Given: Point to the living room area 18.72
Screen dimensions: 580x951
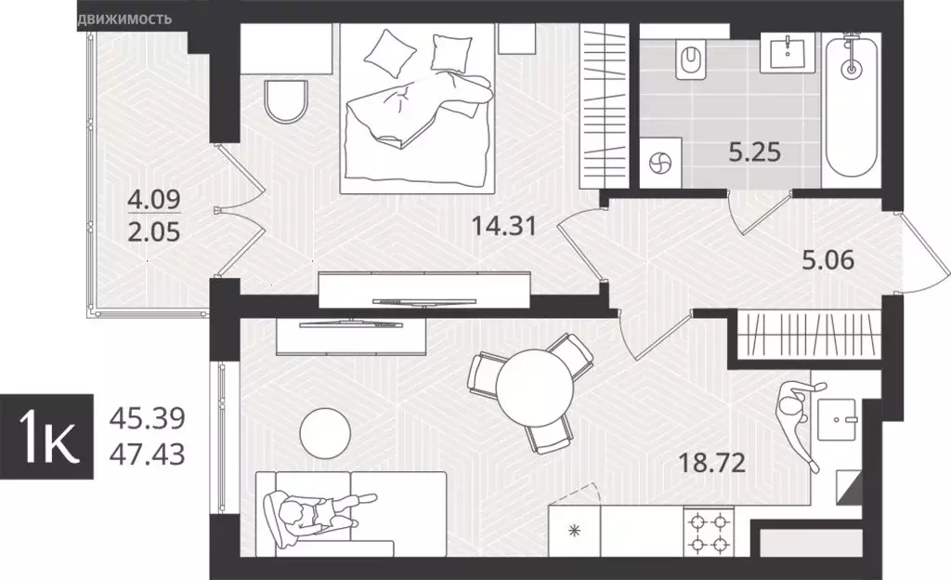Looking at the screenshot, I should (713, 463).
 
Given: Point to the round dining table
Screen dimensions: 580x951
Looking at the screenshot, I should (533, 384).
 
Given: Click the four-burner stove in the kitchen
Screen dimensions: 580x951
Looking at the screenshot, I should (709, 534).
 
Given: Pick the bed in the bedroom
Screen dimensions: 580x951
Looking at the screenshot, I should (416, 112).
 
